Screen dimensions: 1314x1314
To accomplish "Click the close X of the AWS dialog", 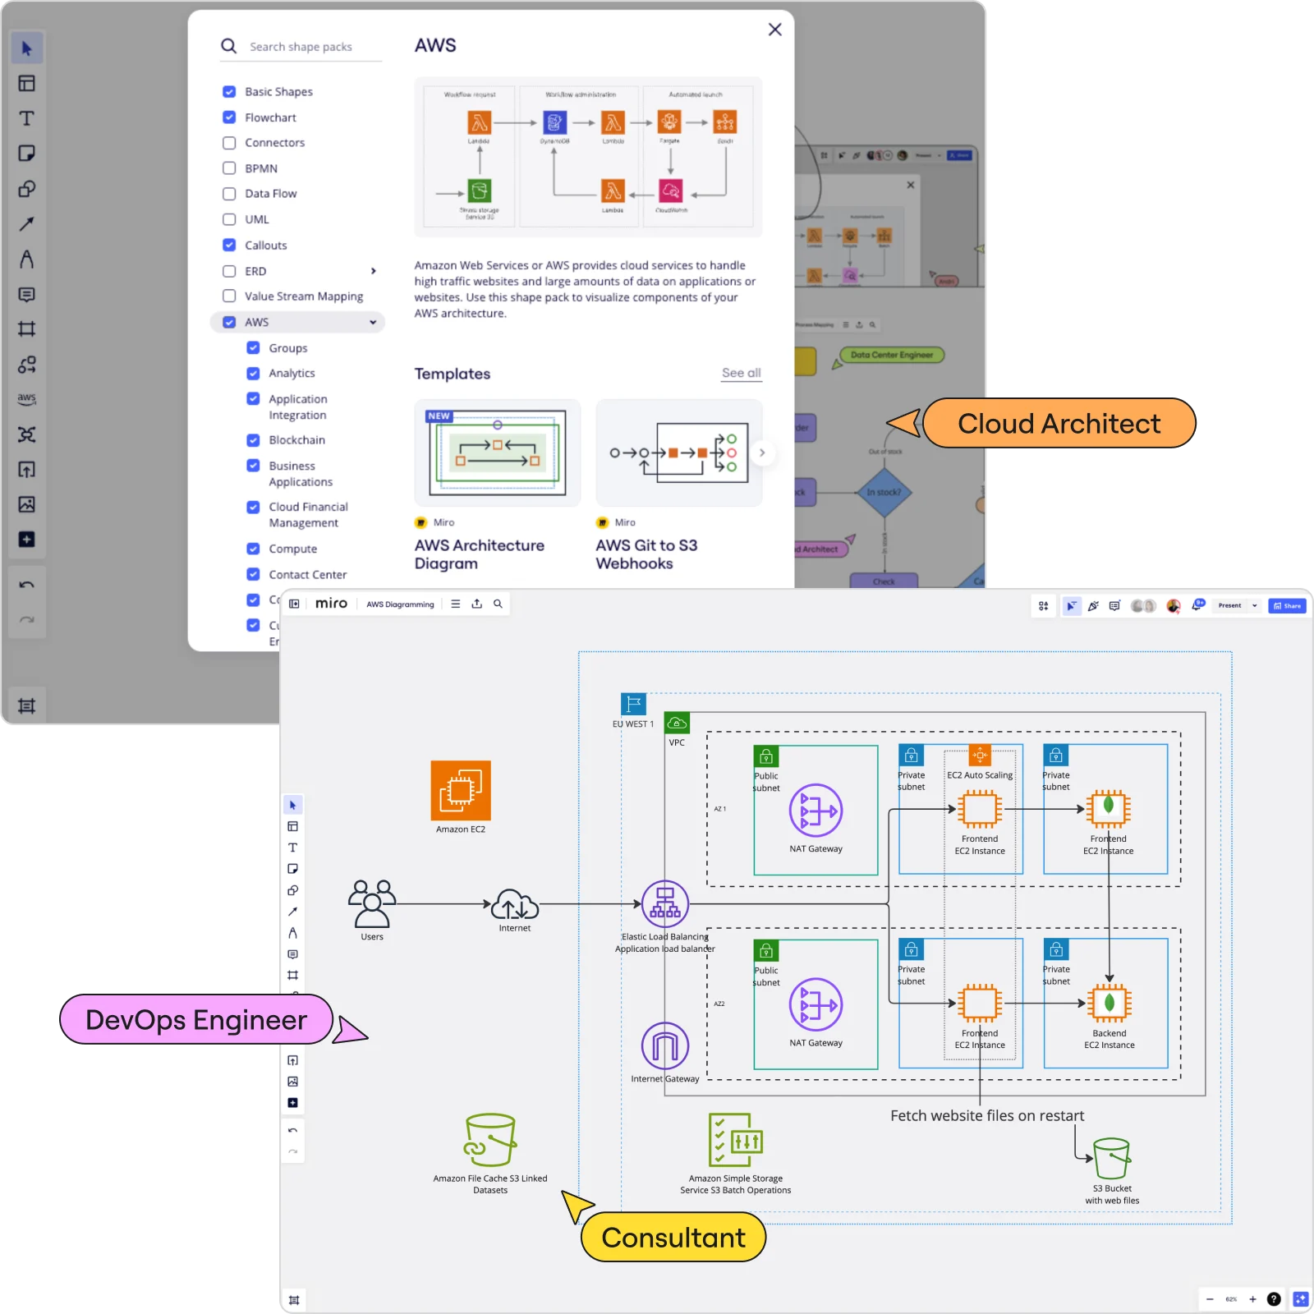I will (x=774, y=30).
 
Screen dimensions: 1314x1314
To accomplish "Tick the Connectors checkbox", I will (x=229, y=143).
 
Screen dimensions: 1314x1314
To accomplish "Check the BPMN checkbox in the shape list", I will (x=229, y=168).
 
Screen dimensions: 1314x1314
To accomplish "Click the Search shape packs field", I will (x=312, y=47).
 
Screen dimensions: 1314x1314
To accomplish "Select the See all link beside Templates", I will (x=741, y=373).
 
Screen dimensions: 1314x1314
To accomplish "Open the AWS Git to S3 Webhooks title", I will (x=646, y=554).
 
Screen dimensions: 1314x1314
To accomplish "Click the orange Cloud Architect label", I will (x=1059, y=424).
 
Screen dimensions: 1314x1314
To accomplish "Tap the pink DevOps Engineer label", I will (x=196, y=1020).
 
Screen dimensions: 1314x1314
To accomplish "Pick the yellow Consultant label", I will (x=673, y=1238).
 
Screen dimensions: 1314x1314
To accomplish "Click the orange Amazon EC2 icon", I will (x=461, y=790).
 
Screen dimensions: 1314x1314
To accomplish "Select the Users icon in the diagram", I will (x=372, y=903).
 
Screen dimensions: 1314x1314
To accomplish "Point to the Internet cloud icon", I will (x=515, y=904).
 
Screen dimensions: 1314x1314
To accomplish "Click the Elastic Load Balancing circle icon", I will (x=664, y=903).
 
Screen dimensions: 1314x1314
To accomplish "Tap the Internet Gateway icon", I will (x=664, y=1046).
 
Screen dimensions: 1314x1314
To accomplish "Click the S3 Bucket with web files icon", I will (x=1111, y=1158).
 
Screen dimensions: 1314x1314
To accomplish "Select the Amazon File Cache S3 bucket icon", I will (x=490, y=1140).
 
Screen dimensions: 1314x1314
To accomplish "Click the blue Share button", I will (x=1287, y=606).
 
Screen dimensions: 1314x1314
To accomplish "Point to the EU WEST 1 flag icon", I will (x=633, y=704).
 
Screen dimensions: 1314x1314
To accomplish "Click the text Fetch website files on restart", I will (x=987, y=1116).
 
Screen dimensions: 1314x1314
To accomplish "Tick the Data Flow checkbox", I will (x=229, y=194).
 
